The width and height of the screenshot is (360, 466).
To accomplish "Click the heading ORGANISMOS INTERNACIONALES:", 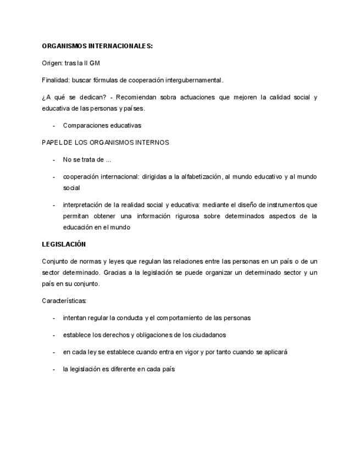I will [x=97, y=46].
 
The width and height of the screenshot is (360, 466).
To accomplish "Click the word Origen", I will [x=52, y=63].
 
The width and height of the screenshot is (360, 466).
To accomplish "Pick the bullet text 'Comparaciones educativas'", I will [x=102, y=125].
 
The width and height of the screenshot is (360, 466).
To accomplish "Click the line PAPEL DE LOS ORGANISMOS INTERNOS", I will [x=106, y=142].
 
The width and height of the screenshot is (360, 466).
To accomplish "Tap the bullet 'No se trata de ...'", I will [x=87, y=159].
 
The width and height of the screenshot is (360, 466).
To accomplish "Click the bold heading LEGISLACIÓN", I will [x=64, y=244].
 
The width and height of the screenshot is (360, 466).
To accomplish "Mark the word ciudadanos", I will [x=209, y=335].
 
